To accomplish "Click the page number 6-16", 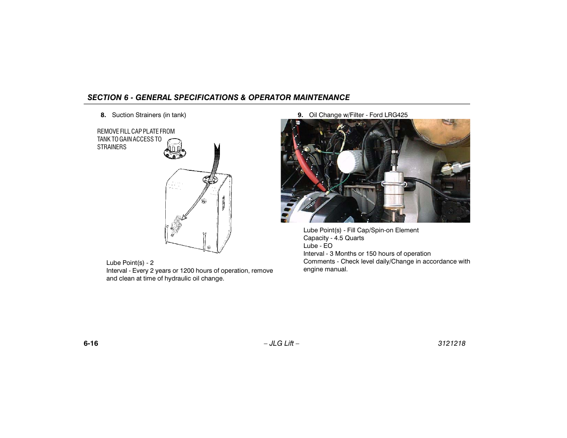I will pyautogui.click(x=91, y=343).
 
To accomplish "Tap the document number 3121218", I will pyautogui.click(x=451, y=343).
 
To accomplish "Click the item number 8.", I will pyautogui.click(x=103, y=115).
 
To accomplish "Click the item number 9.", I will pyautogui.click(x=300, y=115).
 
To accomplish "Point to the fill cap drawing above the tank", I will pyautogui.click(x=174, y=149).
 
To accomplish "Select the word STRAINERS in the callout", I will pyautogui.click(x=112, y=147).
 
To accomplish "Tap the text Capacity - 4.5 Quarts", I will pyautogui.click(x=334, y=238).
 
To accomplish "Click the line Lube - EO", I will pyautogui.click(x=318, y=246).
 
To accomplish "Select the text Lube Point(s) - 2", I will pyautogui.click(x=130, y=263).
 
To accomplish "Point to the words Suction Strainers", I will pyautogui.click(x=136, y=115).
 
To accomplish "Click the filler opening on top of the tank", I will pyautogui.click(x=209, y=179).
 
